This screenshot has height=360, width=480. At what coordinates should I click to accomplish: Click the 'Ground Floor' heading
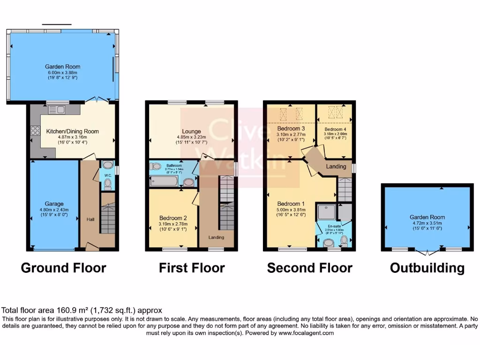click(x=63, y=268)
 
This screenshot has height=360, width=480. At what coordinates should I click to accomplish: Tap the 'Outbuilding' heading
click(x=427, y=268)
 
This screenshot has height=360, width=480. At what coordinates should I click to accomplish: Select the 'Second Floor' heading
click(x=309, y=268)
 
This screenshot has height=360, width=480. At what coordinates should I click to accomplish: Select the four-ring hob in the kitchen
click(x=35, y=131)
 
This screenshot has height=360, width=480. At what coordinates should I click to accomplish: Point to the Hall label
click(x=90, y=219)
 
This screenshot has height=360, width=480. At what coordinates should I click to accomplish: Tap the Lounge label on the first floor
click(x=192, y=131)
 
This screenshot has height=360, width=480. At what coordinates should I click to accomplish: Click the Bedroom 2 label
click(x=173, y=218)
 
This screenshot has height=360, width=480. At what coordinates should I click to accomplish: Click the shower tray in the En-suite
click(x=326, y=212)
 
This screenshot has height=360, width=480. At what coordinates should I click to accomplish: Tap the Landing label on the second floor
click(x=336, y=166)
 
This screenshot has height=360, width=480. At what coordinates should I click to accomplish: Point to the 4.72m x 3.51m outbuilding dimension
click(x=427, y=223)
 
